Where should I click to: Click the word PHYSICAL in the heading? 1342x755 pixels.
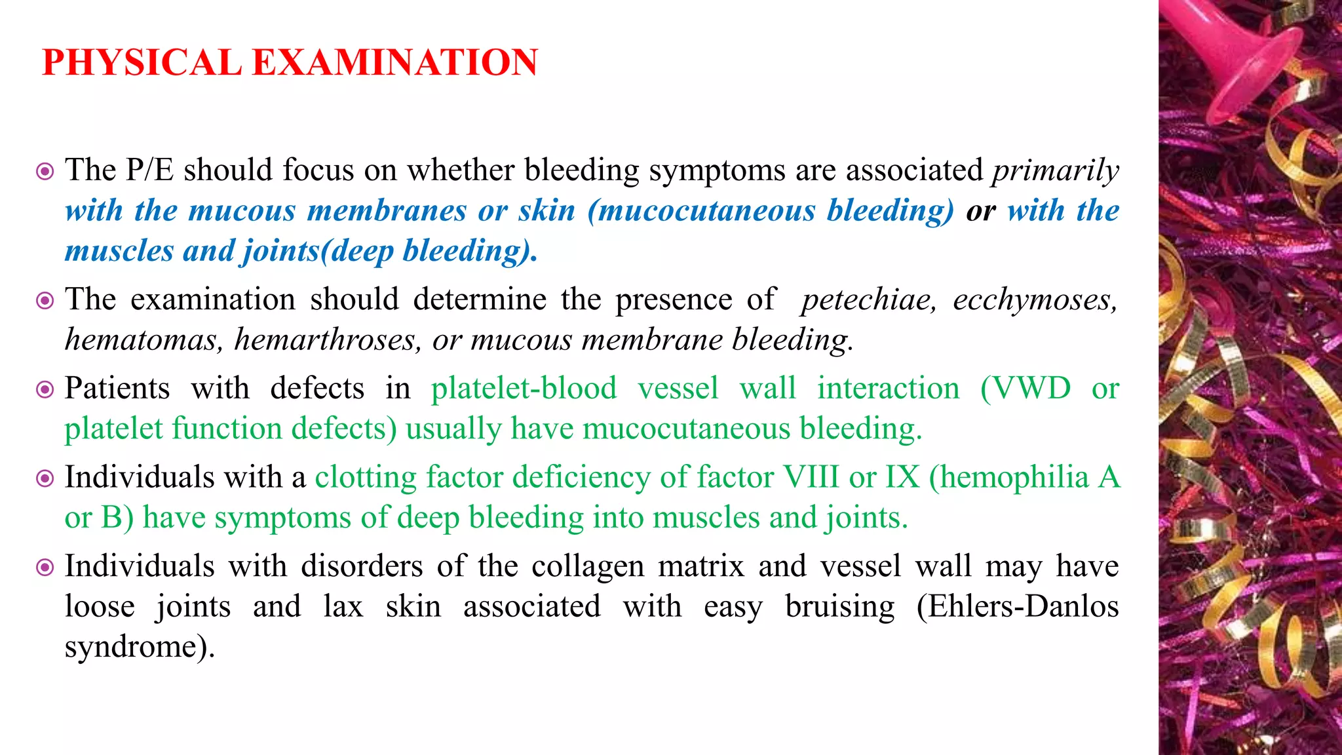[x=142, y=63]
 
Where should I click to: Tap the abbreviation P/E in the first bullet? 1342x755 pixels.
[x=149, y=170]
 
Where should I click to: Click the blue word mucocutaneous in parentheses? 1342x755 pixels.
[x=707, y=211]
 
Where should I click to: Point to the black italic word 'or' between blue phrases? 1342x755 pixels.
[x=980, y=211]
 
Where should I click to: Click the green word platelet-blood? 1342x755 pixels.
[x=524, y=388]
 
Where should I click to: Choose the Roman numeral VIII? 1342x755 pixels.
[x=811, y=477]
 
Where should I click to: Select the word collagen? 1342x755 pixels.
[x=588, y=566]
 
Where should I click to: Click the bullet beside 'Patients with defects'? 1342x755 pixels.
[x=45, y=390]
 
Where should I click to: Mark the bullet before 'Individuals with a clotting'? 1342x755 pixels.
[x=45, y=478]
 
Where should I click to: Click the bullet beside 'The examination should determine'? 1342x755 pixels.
[x=45, y=301]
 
